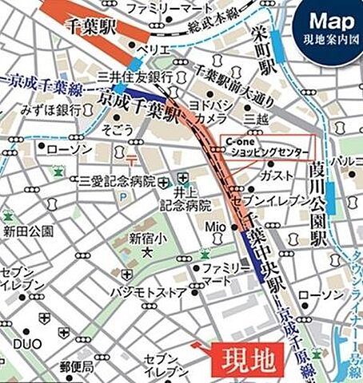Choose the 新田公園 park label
pyautogui.click(x=27, y=231)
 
